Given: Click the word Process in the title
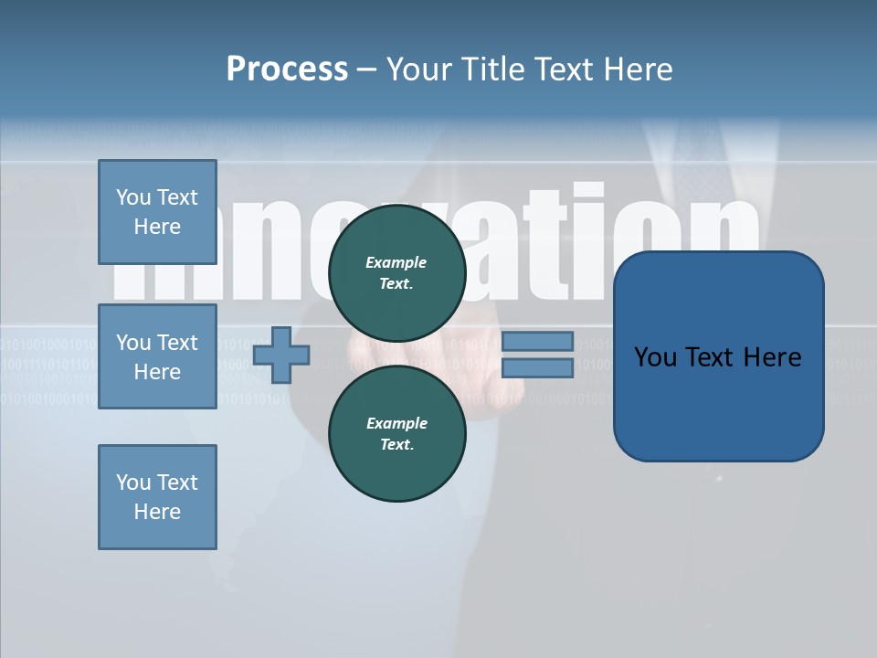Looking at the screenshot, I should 287,69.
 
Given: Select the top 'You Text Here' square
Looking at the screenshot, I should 157,212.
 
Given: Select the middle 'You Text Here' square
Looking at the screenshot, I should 157,356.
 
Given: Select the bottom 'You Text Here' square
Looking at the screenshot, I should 157,497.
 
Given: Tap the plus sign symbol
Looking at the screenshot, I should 281,355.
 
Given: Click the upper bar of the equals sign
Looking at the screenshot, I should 537,341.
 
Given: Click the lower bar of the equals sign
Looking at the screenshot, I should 537,367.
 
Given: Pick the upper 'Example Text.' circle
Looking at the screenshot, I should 397,273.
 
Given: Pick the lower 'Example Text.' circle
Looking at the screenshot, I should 397,434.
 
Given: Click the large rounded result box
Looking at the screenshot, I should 718,402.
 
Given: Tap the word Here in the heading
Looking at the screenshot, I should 638,69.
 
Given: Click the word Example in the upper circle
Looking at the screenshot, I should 396,262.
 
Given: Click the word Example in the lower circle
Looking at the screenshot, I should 396,423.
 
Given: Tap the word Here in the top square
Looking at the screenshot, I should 157,227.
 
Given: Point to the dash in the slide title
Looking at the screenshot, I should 366,69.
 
